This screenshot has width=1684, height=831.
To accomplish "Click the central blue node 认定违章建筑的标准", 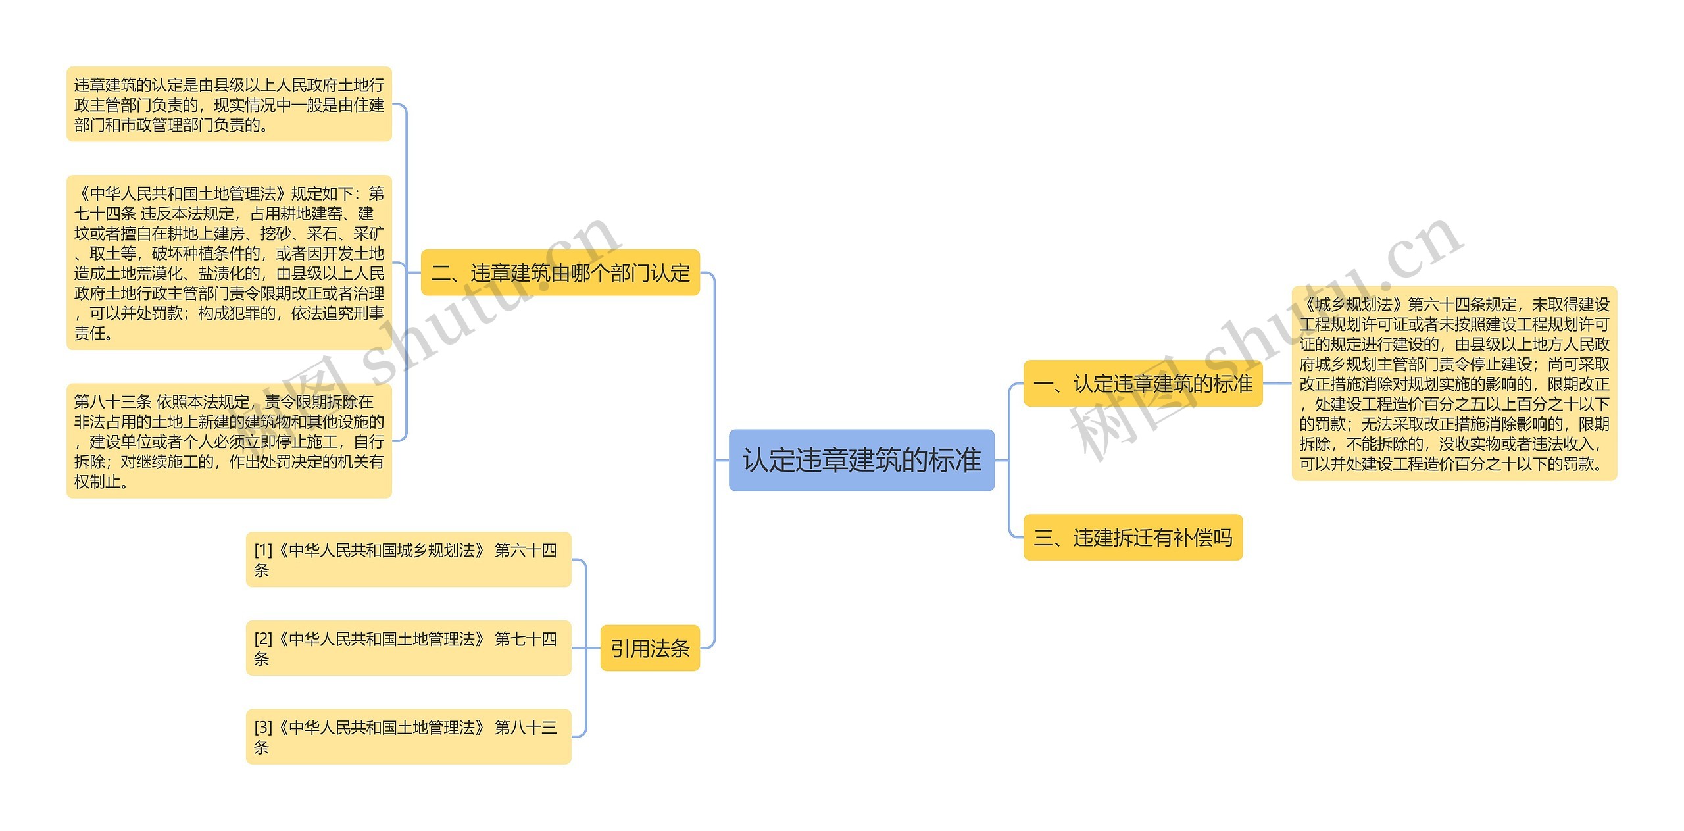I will coord(861,460).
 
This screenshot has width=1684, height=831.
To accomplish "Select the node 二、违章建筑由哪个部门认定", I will coord(560,272).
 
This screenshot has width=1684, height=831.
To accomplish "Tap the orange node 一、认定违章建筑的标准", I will coord(1143,383).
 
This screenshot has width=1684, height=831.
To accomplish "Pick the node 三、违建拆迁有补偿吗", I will coord(1133,538).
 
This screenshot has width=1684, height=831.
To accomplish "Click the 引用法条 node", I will coord(650,648).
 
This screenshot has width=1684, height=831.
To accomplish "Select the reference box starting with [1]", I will coord(408,559).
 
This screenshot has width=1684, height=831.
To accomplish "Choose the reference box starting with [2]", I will coord(408,648).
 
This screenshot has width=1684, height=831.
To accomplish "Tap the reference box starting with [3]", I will coord(408,737).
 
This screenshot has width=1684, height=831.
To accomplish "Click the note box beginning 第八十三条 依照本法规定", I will coord(229,441).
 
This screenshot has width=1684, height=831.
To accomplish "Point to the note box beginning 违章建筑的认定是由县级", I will coord(229,104).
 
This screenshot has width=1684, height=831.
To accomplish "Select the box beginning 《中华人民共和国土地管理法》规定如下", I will coord(229,263).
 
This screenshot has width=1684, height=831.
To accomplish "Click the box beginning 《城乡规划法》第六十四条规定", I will coord(1454,384).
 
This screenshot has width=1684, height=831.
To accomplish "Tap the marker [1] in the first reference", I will coord(263,550).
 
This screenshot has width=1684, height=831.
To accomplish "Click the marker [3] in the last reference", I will coord(263,728).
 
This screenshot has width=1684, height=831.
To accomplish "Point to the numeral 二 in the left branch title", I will coord(441,273).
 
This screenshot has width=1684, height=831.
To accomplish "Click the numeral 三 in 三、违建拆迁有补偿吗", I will coord(1043,538).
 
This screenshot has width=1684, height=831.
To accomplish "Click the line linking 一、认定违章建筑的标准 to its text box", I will coord(1277,383).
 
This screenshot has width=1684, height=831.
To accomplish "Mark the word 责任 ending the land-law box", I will coord(90,334).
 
